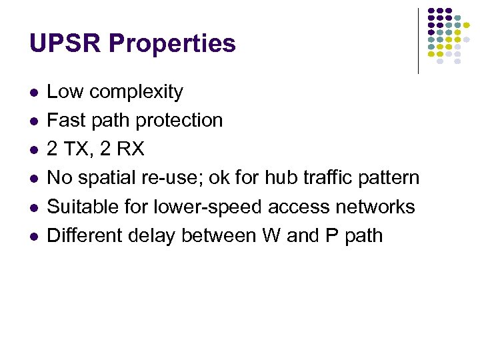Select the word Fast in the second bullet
[65, 121]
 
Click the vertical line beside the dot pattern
[418, 40]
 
